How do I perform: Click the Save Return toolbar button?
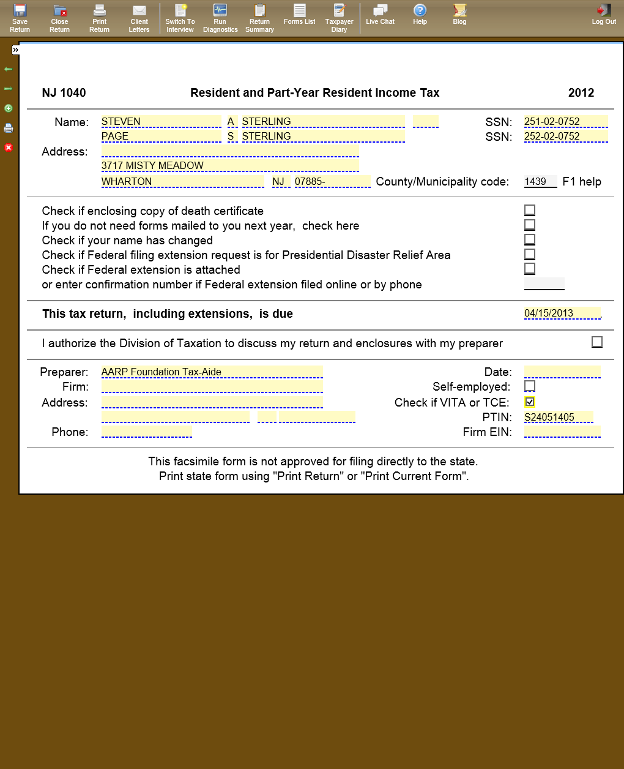(20, 18)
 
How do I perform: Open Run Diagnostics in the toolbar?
(220, 18)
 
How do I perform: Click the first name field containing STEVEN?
(161, 121)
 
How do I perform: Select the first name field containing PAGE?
(161, 136)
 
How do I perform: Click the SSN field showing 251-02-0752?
(565, 121)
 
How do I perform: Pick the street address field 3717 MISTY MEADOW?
(229, 165)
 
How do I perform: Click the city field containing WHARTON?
(182, 181)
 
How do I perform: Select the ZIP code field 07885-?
(332, 181)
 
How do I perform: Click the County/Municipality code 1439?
(540, 181)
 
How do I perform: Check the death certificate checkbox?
(530, 210)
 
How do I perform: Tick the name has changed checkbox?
(530, 239)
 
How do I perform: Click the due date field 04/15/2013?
(562, 313)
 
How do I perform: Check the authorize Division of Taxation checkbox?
(597, 342)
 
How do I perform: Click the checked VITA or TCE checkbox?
(530, 402)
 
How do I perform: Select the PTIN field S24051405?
(558, 417)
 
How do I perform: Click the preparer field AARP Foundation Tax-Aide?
(212, 372)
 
